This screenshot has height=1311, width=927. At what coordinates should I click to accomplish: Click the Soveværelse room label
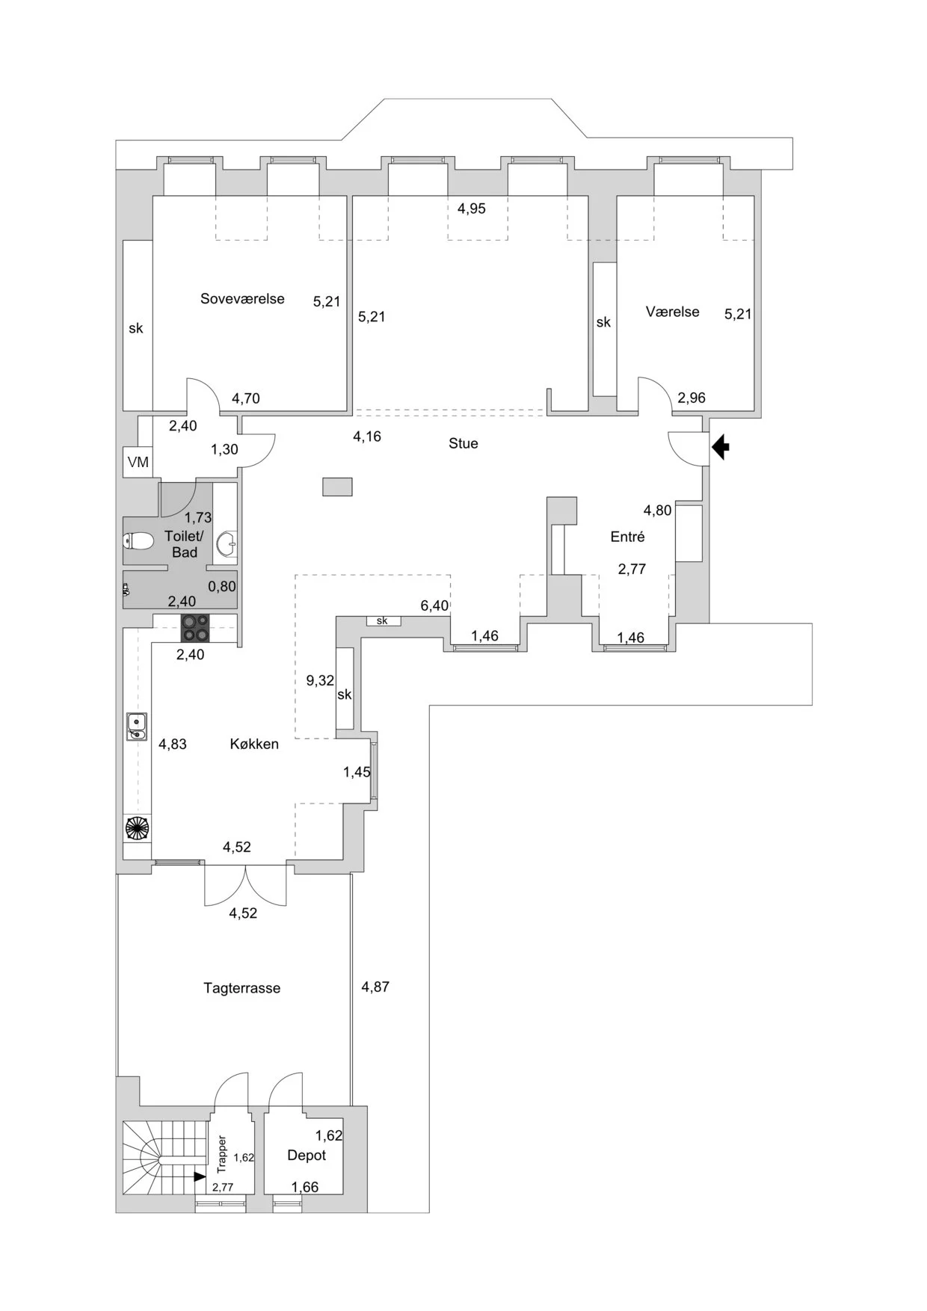click(242, 299)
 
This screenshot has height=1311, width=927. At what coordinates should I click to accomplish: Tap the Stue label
click(463, 443)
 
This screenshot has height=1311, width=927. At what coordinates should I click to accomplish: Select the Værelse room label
click(672, 312)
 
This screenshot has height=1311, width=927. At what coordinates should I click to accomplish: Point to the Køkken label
click(254, 744)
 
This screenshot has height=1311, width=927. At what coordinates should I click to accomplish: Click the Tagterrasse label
click(241, 988)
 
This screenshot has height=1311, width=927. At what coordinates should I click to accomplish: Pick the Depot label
click(307, 1155)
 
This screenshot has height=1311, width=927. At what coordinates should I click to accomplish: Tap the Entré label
click(627, 537)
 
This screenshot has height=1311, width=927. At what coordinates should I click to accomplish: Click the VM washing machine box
click(138, 463)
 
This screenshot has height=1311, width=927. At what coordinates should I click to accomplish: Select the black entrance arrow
click(720, 448)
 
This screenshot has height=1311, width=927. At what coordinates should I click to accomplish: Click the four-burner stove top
click(196, 628)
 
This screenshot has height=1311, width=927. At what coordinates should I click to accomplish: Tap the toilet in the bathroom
click(137, 540)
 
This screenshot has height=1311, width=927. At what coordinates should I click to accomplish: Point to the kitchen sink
click(136, 727)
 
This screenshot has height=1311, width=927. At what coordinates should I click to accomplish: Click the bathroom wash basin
click(227, 544)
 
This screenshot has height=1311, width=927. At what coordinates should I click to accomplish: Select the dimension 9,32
click(320, 680)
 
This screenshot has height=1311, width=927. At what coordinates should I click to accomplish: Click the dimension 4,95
click(472, 209)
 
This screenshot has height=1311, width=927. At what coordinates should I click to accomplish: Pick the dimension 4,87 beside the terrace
click(375, 987)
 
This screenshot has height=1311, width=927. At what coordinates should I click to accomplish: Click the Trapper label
click(222, 1154)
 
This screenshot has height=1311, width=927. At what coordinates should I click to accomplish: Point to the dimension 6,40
click(434, 605)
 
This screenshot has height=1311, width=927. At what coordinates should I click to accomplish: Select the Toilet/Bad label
click(184, 544)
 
